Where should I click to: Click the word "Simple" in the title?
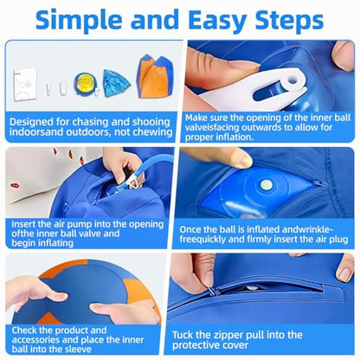(x=80, y=20)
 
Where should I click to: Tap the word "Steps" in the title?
(x=289, y=20)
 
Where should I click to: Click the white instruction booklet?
(x=25, y=84)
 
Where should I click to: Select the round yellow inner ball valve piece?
(x=84, y=83)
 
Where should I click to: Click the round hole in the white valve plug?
(x=292, y=79)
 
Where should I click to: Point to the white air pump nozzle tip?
(x=135, y=183)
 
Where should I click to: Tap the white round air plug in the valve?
(x=266, y=183)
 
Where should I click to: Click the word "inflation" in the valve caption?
(x=235, y=137)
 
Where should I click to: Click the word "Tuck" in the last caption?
(x=183, y=335)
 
